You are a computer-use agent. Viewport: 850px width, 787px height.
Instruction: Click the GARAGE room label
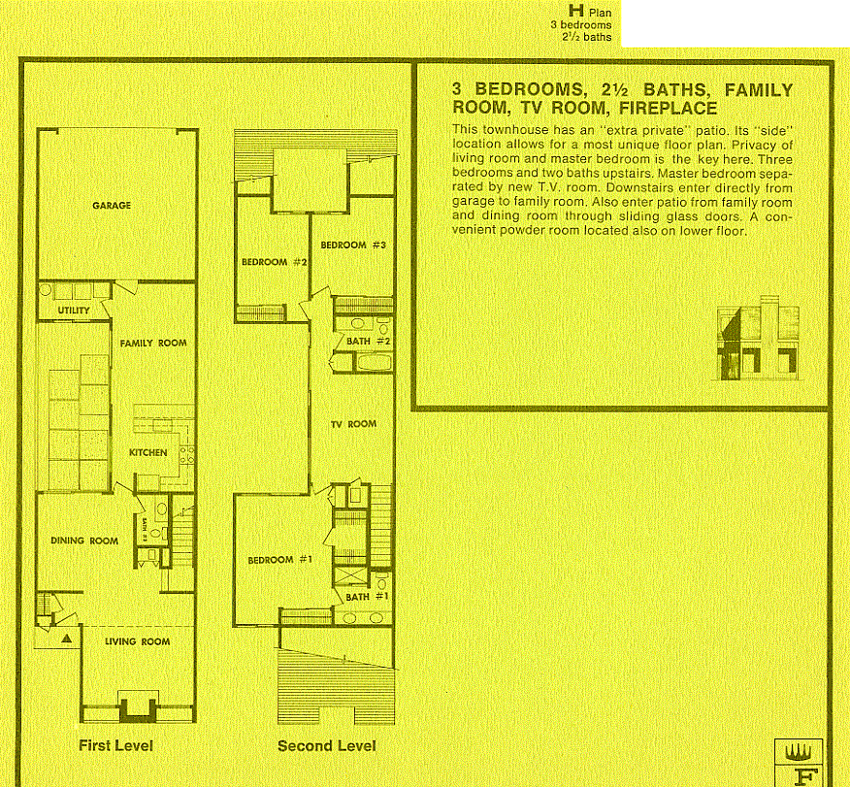pos(112,206)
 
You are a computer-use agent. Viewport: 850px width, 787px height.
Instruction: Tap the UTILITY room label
pos(74,311)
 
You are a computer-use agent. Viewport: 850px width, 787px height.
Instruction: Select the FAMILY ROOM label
pos(153,344)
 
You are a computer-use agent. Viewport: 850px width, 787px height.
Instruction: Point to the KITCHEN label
pos(148,452)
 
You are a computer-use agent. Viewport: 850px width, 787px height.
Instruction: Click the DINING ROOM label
pos(84,541)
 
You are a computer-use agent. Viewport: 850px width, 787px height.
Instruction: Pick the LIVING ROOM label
pos(137,641)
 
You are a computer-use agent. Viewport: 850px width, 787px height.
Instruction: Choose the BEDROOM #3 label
pos(354,245)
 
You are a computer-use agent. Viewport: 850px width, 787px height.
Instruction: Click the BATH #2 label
pos(368,342)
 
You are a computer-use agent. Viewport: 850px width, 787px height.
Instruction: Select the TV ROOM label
pos(353,424)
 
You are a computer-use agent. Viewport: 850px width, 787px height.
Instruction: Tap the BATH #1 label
pos(368,597)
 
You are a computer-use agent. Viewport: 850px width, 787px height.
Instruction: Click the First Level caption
pos(115,745)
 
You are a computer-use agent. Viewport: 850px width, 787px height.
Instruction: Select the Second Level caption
pos(326,745)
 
